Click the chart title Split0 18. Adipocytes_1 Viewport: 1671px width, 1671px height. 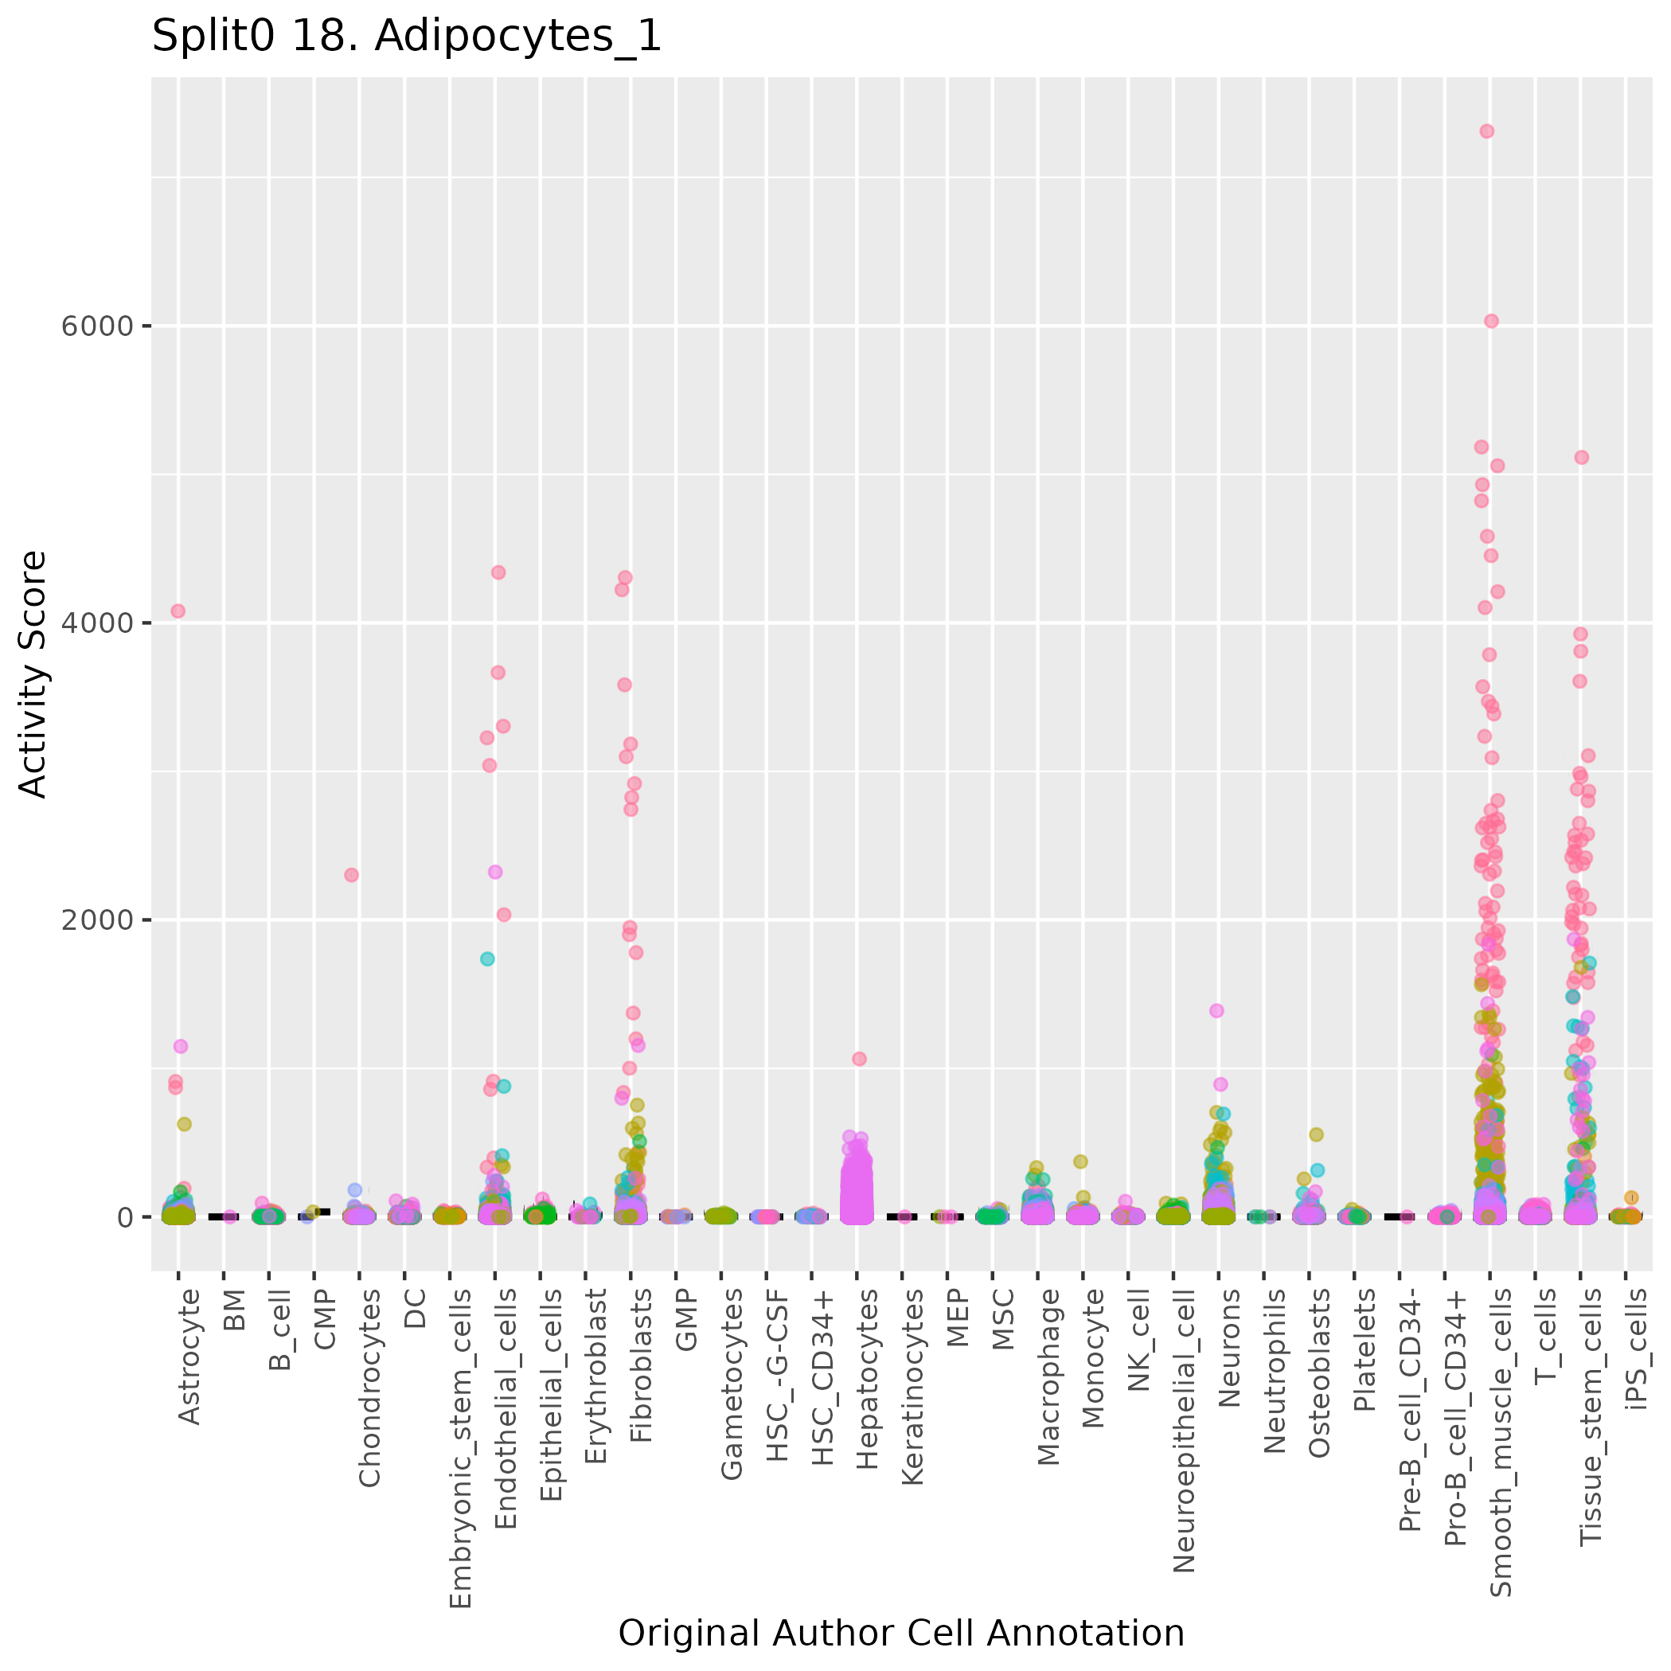point(407,37)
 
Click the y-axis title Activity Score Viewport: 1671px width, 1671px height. point(33,673)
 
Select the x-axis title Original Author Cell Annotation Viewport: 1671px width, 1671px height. point(901,1633)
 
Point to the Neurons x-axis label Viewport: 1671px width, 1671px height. point(1229,1348)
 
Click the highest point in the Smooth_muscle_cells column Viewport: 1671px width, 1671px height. point(1487,131)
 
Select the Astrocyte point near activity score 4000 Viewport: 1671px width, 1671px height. point(178,611)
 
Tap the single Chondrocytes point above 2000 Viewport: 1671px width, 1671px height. point(351,875)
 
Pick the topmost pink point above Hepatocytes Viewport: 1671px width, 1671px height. point(859,1059)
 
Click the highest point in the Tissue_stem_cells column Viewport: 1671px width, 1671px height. point(1581,458)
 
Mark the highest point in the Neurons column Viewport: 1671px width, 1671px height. point(1216,1010)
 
